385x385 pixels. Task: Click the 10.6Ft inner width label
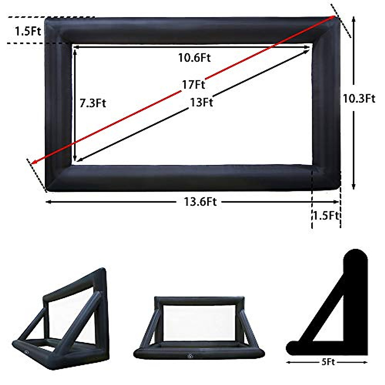(194, 58)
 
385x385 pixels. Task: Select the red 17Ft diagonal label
(193, 85)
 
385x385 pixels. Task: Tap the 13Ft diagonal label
(201, 102)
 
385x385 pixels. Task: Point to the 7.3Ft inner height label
(93, 103)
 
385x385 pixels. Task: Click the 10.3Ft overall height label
(359, 98)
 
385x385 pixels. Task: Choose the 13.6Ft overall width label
(200, 202)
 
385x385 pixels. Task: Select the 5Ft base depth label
(328, 362)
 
